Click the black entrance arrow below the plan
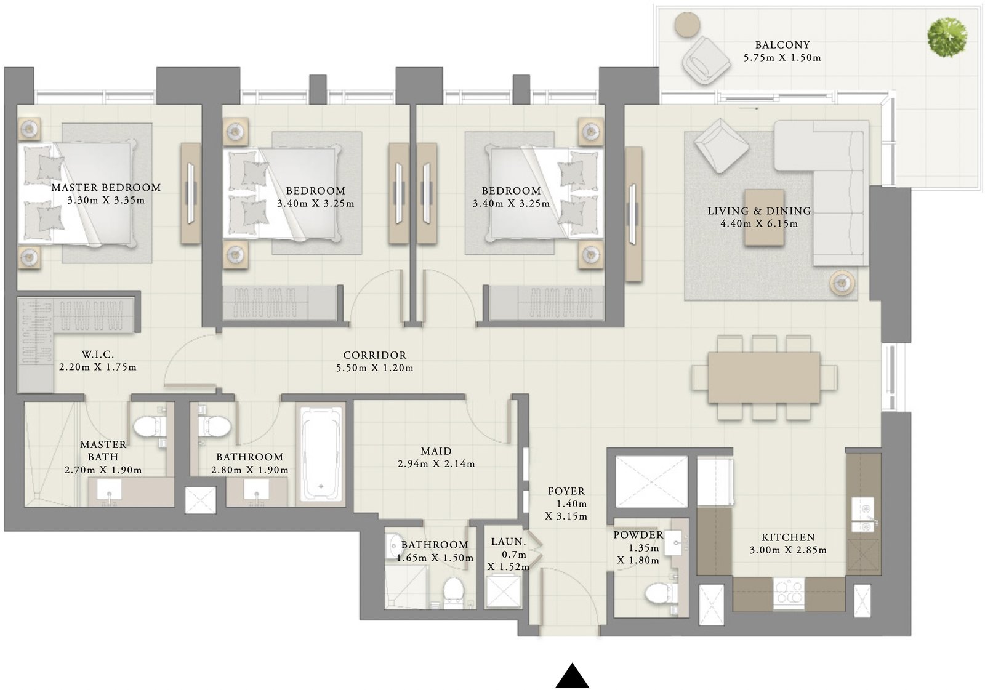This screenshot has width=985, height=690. click(572, 676)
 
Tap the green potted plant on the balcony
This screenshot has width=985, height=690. click(947, 37)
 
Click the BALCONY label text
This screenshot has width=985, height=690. click(782, 45)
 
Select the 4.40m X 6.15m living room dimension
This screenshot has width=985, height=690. click(759, 224)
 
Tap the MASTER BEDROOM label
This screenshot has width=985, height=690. click(106, 188)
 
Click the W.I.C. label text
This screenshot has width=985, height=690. click(97, 355)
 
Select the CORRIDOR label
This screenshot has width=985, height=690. click(374, 356)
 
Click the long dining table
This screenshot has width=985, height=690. click(763, 377)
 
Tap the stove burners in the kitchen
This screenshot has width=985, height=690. click(789, 593)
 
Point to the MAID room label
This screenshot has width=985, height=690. click(436, 451)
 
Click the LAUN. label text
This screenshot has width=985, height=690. click(509, 542)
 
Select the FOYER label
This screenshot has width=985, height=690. click(566, 491)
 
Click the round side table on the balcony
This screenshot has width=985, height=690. click(687, 25)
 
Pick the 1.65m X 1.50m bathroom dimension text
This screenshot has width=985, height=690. click(435, 558)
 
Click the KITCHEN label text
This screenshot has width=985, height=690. click(787, 537)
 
